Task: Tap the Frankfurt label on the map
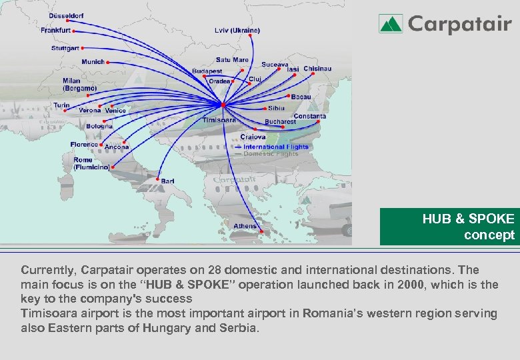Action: [55, 31]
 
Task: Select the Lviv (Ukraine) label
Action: [237, 31]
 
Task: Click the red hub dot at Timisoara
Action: [223, 105]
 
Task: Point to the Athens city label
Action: [245, 227]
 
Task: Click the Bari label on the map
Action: [167, 181]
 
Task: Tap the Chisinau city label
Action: [317, 69]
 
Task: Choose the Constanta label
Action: [310, 117]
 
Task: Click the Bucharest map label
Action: [280, 122]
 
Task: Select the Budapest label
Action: [207, 71]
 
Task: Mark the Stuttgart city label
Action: [65, 49]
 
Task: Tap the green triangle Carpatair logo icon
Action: [391, 24]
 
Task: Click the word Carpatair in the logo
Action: [459, 25]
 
